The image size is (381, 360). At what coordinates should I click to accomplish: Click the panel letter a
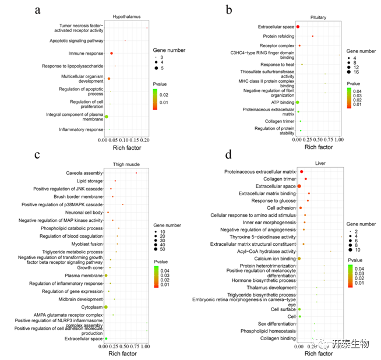(x=38, y=10)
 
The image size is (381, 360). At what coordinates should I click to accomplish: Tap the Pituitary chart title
(x=318, y=18)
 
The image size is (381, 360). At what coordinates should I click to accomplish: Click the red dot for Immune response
(x=111, y=54)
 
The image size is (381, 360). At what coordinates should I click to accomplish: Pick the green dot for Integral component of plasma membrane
(x=106, y=117)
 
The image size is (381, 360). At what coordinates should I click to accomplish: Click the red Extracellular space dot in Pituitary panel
(x=298, y=27)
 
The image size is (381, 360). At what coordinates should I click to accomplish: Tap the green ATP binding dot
(x=297, y=102)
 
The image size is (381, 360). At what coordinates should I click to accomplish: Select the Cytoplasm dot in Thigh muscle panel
(x=106, y=306)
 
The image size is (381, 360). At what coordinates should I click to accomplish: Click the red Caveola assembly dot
(x=136, y=173)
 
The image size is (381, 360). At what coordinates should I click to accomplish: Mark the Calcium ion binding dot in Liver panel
(x=299, y=258)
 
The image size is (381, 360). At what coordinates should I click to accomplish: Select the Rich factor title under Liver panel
(x=319, y=352)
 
